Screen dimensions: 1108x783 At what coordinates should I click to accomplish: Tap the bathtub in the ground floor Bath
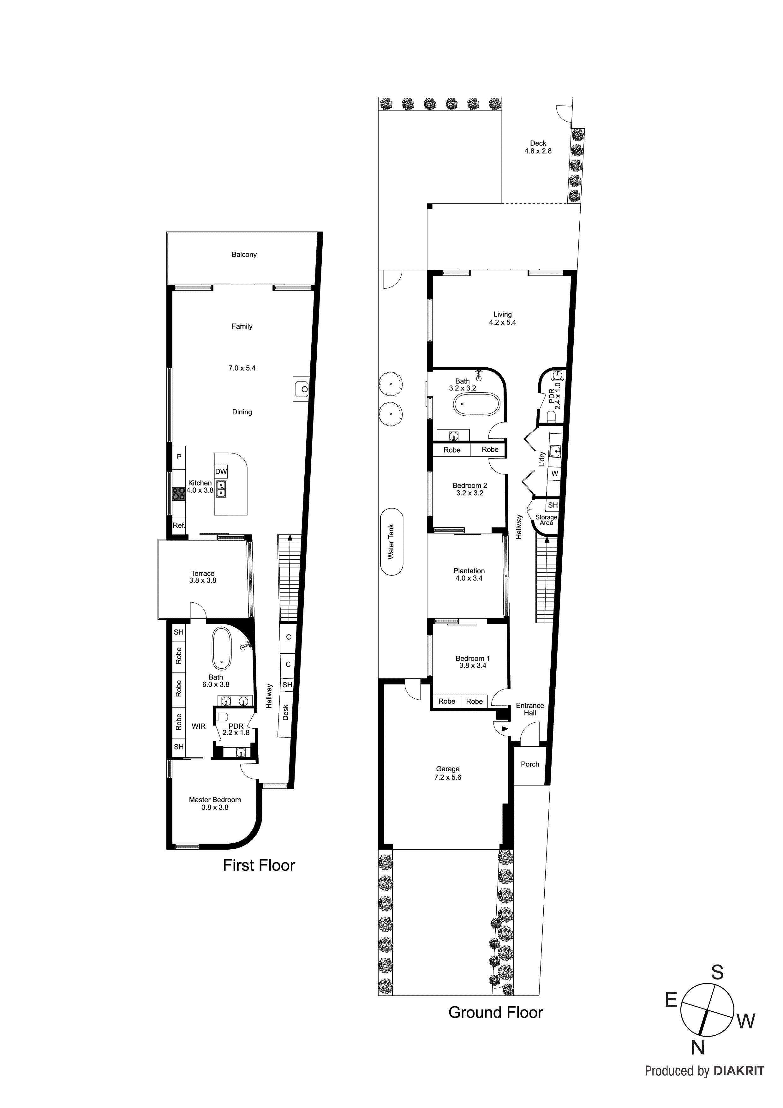(x=477, y=404)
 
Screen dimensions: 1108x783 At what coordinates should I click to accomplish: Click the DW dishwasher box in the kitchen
(x=221, y=472)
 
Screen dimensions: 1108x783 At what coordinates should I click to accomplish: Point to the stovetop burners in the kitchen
(x=178, y=493)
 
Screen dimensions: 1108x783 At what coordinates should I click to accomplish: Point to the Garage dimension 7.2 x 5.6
(x=448, y=777)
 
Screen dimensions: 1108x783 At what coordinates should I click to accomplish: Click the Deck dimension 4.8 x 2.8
(x=538, y=151)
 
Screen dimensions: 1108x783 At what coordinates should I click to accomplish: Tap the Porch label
(x=530, y=764)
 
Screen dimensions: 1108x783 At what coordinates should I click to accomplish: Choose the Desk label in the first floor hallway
(x=286, y=712)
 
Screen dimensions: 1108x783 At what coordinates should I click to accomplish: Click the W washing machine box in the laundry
(x=555, y=473)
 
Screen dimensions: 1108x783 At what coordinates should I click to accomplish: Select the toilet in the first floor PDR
(x=222, y=717)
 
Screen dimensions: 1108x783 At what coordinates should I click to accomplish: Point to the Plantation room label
(x=469, y=571)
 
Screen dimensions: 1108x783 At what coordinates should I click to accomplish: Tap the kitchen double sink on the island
(x=221, y=489)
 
